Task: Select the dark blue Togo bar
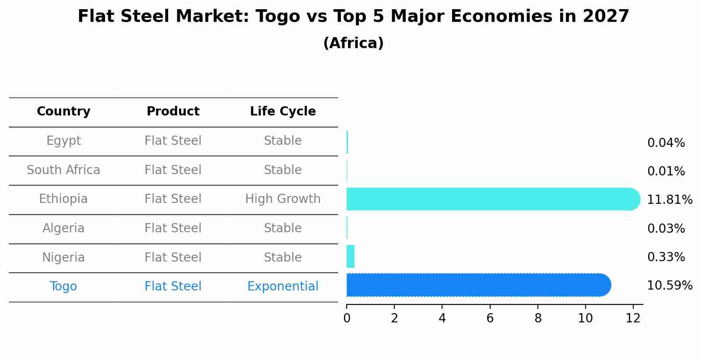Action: [477, 285]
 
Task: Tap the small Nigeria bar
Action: [351, 256]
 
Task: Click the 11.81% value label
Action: [669, 200]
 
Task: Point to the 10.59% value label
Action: [669, 286]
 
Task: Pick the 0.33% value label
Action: [666, 257]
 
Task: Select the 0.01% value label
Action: [666, 171]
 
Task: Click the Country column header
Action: [63, 112]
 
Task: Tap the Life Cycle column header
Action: [283, 112]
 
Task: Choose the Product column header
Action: [173, 112]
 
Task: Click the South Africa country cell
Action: [63, 170]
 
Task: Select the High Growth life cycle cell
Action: [283, 199]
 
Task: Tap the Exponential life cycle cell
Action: [283, 287]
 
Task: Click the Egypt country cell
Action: [63, 141]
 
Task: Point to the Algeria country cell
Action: [63, 228]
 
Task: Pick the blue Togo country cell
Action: [63, 287]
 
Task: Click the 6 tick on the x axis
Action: [490, 318]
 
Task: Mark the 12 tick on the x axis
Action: [633, 318]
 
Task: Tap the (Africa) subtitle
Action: [353, 43]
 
